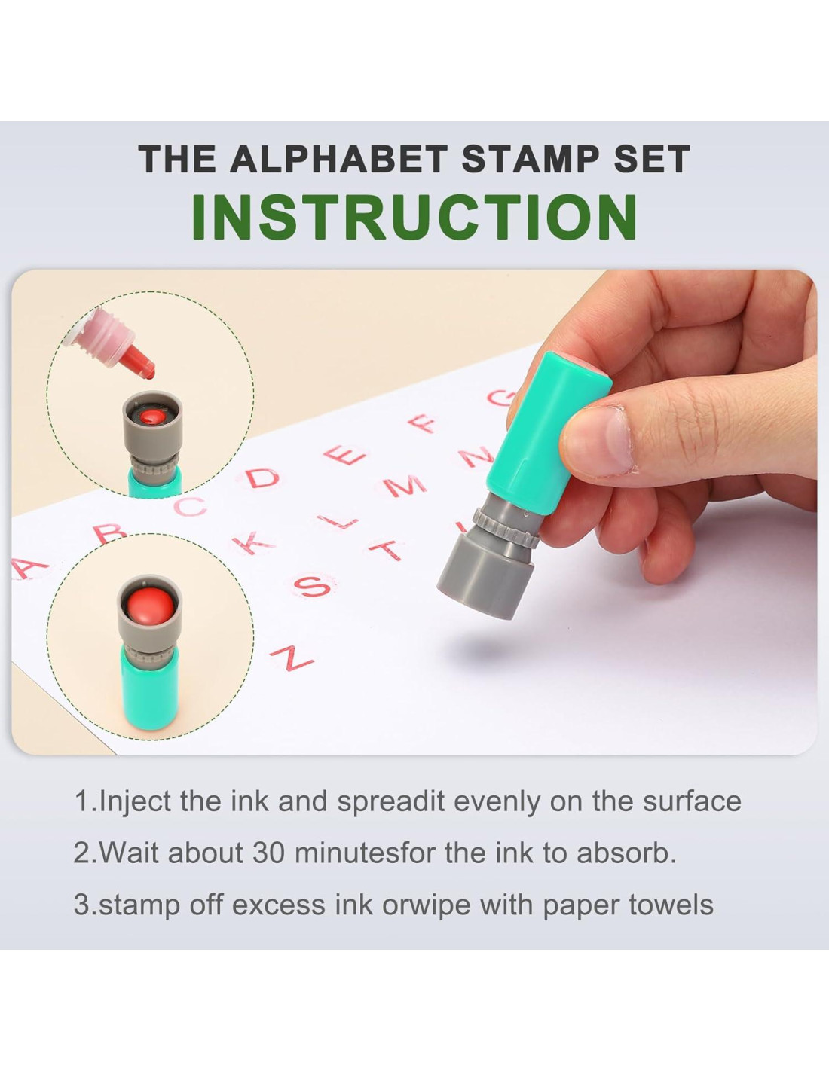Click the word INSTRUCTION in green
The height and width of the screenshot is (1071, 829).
click(x=414, y=217)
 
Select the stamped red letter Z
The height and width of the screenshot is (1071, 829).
click(x=291, y=657)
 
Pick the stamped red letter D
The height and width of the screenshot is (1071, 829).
click(x=263, y=478)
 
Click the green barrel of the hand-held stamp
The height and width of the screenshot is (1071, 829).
click(x=549, y=429)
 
